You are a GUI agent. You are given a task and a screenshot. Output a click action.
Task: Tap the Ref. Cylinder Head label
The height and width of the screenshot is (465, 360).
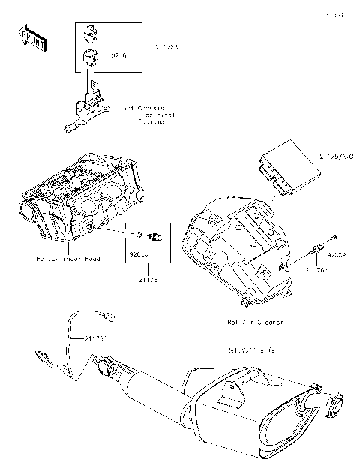point(69,259)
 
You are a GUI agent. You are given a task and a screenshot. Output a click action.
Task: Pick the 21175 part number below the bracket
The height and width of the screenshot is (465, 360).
point(148,280)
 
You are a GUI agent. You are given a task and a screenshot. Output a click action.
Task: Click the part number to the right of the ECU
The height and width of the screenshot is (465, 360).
point(335,157)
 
